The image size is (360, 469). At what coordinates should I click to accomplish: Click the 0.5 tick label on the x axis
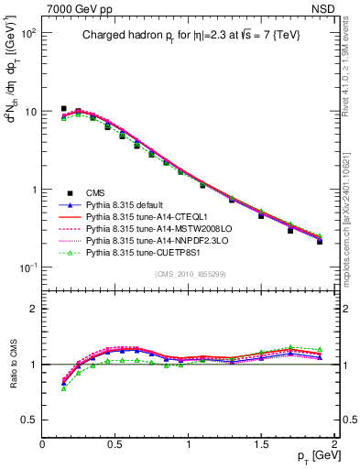tap(115, 444)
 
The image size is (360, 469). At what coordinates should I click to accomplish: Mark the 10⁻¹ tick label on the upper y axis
tap(27, 267)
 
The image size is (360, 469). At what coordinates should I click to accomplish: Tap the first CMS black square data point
tap(63, 108)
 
